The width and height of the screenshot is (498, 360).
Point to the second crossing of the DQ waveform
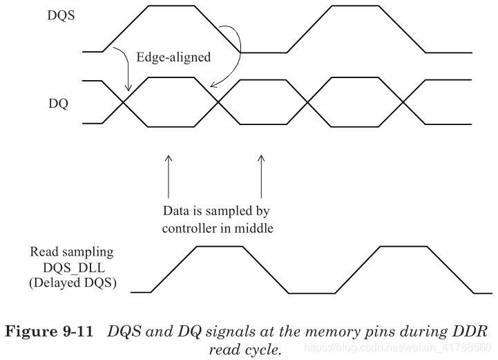218,102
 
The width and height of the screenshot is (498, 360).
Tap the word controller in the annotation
186,229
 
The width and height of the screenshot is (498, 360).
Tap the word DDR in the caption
470,330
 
